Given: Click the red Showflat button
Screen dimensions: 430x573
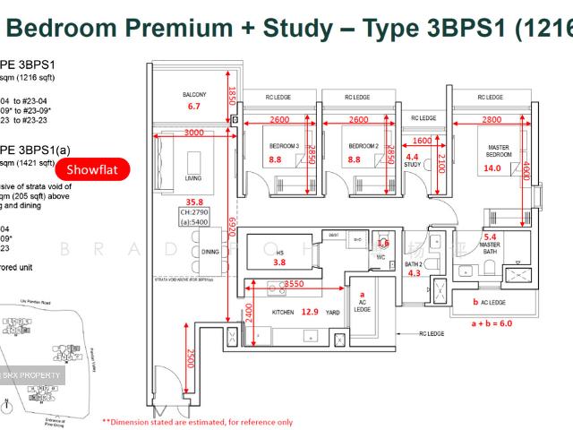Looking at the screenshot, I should click(92, 170).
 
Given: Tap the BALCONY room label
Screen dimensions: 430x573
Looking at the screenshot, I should click(196, 95).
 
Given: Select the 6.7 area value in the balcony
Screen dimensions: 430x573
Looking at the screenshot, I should click(194, 107).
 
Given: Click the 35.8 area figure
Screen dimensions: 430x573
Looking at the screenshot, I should click(195, 202).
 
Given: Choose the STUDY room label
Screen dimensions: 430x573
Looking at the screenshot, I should click(413, 165).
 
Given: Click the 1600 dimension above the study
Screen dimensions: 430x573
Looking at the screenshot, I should click(422, 141).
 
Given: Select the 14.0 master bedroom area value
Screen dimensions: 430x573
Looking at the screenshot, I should click(492, 168).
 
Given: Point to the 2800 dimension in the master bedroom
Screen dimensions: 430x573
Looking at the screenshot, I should click(492, 120).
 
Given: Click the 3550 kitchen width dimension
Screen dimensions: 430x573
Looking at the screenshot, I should click(293, 284).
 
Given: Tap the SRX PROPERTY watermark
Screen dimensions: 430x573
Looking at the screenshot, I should click(32, 374).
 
